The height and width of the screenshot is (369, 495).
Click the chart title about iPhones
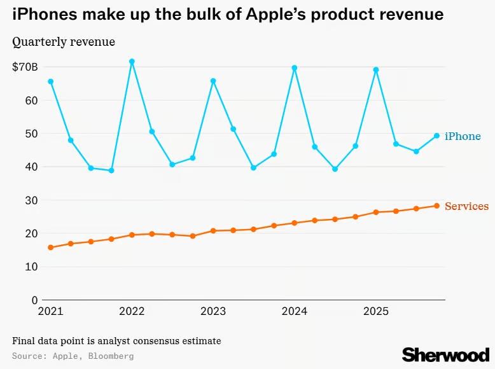tap(228, 14)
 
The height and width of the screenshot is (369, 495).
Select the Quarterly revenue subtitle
tap(64, 42)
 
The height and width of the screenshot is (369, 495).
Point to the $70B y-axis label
tap(25, 67)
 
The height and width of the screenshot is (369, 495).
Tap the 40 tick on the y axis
tap(31, 167)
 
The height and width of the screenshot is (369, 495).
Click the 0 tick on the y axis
tap(34, 300)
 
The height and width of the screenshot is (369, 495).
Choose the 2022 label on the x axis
tap(132, 312)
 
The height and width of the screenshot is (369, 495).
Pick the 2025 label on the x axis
tap(376, 312)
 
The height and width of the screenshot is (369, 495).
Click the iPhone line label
tap(463, 136)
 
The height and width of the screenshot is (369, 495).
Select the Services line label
tap(466, 206)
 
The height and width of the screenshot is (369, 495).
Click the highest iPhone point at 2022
tap(132, 62)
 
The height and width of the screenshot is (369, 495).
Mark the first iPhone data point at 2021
tap(50, 81)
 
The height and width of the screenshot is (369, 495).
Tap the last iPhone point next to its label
tap(436, 136)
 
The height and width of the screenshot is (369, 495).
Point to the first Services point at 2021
tap(50, 247)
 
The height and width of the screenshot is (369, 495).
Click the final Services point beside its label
tap(436, 205)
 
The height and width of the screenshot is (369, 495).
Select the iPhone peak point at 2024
tap(295, 68)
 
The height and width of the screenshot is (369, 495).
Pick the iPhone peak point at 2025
tap(376, 70)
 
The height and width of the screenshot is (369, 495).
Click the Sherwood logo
tap(445, 354)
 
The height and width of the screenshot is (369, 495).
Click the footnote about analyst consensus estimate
tap(116, 341)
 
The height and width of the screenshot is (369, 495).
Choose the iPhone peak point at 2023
tap(213, 81)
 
